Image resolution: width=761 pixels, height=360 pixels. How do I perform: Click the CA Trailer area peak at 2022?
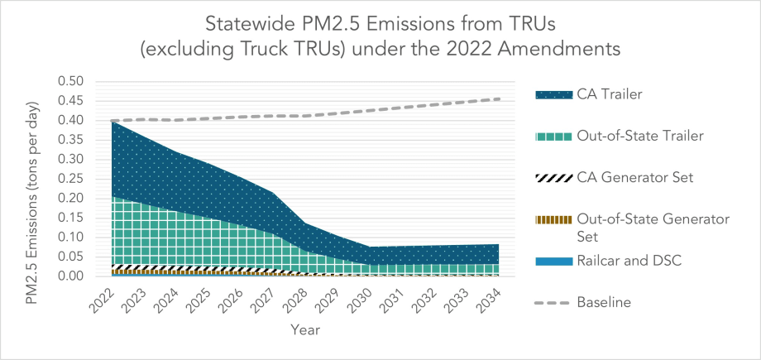[x=112, y=122]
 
